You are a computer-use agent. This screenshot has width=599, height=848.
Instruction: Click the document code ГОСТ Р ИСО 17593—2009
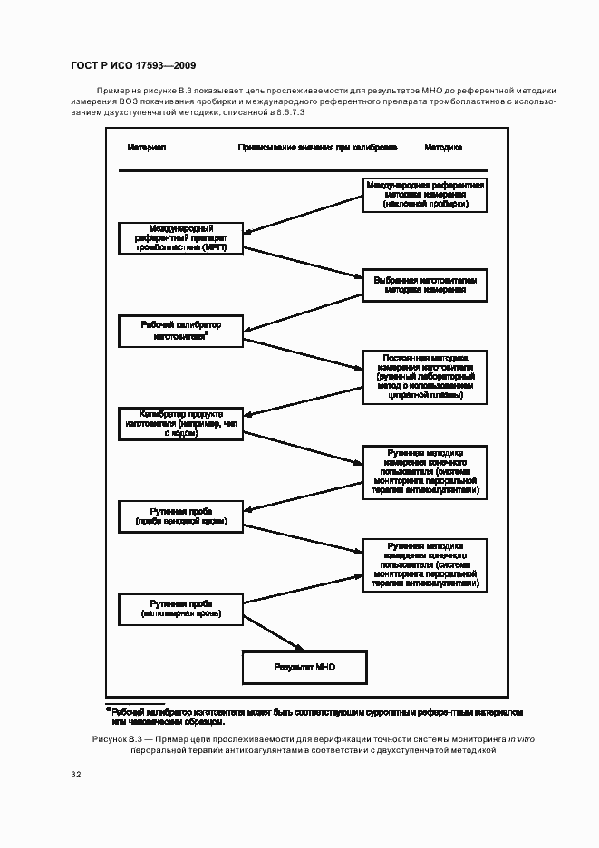click(133, 65)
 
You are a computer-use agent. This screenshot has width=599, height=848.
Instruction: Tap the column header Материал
click(146, 147)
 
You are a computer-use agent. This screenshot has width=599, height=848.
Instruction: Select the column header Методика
click(443, 147)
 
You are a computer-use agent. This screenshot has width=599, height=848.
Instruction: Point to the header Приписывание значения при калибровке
click(317, 147)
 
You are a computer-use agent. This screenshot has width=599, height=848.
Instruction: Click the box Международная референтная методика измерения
click(425, 195)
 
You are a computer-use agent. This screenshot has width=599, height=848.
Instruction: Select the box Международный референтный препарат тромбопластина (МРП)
click(181, 237)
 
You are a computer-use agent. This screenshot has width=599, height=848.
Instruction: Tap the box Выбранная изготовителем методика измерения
click(425, 285)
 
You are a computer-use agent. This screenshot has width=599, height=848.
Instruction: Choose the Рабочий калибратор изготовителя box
click(181, 330)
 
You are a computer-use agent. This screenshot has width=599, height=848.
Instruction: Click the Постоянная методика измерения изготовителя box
click(425, 376)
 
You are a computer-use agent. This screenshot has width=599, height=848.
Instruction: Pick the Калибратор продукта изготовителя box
click(181, 423)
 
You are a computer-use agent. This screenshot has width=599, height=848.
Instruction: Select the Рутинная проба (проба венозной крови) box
click(181, 516)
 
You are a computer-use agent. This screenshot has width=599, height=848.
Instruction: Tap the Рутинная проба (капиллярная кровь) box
click(181, 608)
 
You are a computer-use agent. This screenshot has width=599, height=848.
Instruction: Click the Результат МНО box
click(304, 667)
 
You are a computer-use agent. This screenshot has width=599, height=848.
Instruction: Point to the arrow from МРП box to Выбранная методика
click(304, 263)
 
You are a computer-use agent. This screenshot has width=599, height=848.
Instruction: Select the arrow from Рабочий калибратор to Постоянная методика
click(304, 354)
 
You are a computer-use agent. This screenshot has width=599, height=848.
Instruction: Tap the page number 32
click(76, 775)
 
